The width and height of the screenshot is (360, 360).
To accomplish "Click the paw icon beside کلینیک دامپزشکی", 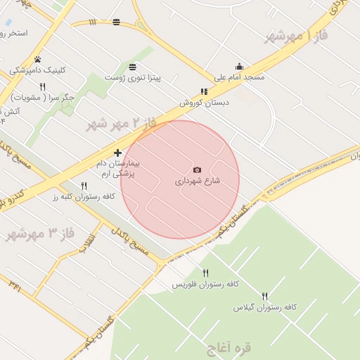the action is coord(38,59).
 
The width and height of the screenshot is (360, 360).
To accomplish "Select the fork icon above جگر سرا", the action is coord(42,86).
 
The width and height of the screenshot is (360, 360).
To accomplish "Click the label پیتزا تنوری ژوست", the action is coord(133,78).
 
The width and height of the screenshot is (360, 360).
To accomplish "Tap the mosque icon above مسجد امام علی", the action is coord(239,66).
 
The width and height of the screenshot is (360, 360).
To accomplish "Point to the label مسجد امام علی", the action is coord(240,77).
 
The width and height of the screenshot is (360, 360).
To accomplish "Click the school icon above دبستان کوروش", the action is coord(204,91).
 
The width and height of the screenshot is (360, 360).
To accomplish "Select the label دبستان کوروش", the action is coord(201,102).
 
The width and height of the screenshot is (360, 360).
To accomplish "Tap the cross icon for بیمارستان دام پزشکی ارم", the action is coord(117,153).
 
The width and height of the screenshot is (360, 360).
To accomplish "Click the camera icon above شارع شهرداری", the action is coord(197,169).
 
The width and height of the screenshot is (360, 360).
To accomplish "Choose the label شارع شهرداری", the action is coord(198,181).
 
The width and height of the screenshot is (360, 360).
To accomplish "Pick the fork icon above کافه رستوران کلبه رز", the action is coord(84,186).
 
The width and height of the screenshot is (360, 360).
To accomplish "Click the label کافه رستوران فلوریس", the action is coord(207,283).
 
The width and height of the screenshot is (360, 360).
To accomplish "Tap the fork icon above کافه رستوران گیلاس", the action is coord(265,296).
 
